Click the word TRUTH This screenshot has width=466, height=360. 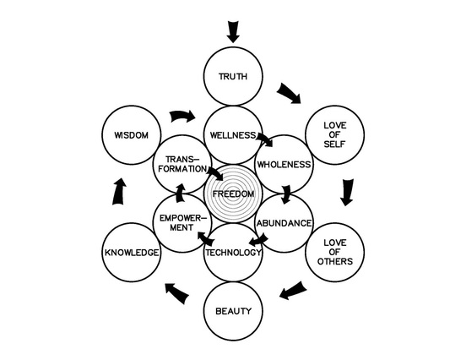[x=233, y=76]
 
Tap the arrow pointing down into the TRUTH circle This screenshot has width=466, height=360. [x=233, y=32]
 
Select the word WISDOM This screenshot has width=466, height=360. [x=132, y=135]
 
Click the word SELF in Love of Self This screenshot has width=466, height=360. [x=334, y=145]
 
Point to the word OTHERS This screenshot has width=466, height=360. [x=335, y=261]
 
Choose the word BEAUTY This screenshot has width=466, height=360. [x=233, y=312]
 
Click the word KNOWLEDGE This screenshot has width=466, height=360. [x=132, y=253]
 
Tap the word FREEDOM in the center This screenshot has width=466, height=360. [x=233, y=194]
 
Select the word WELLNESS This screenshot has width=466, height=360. [x=233, y=135]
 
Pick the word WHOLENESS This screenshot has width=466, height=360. [x=284, y=165]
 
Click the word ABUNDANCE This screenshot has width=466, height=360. [x=284, y=223]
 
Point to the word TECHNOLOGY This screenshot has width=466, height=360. [x=233, y=253]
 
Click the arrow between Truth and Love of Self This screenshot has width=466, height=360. [x=289, y=94]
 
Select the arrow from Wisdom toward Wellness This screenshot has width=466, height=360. [x=183, y=116]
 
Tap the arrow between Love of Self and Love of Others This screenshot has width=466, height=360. [x=347, y=192]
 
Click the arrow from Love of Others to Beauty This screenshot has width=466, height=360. [x=293, y=291]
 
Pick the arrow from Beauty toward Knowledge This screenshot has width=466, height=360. [x=177, y=293]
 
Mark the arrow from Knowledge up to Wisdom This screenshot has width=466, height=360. [x=120, y=191]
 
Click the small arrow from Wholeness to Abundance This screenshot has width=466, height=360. [x=286, y=194]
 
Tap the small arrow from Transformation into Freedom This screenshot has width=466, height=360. [x=215, y=173]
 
